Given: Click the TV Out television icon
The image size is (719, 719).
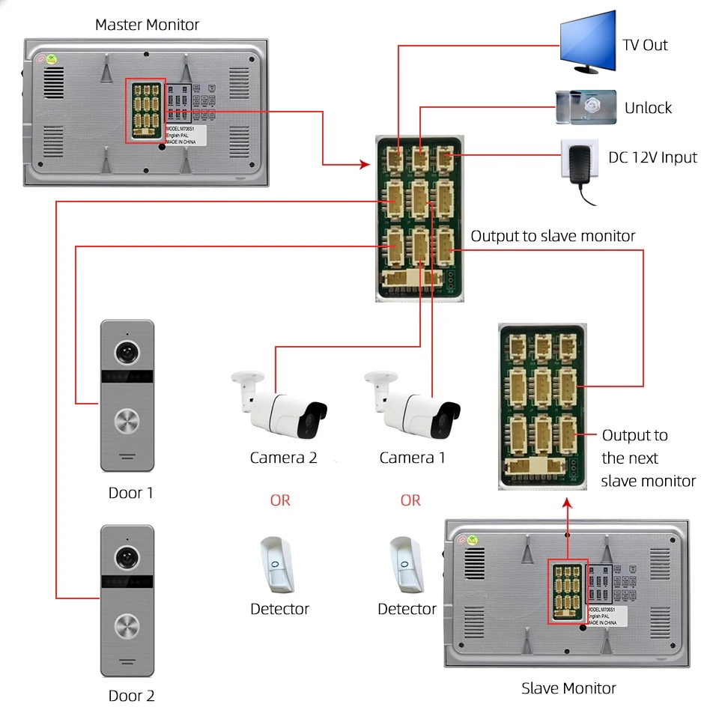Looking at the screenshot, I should (x=588, y=41).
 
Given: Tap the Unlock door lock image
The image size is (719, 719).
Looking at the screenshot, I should (x=585, y=106).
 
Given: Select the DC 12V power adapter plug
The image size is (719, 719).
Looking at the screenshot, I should (x=582, y=165).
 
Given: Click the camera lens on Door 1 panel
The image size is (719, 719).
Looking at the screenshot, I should (x=127, y=352).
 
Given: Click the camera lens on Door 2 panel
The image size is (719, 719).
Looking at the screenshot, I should (x=127, y=556).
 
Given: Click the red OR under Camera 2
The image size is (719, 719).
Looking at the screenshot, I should (x=280, y=500).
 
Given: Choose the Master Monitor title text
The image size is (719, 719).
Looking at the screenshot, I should (x=147, y=25).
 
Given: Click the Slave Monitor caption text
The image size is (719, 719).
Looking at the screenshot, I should (x=568, y=688).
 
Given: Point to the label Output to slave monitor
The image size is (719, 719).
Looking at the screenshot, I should (x=553, y=236).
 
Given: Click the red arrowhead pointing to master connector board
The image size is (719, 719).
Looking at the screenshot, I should (x=366, y=164).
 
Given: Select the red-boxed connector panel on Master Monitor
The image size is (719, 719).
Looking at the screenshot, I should (x=145, y=110).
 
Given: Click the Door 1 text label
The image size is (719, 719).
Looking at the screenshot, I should (x=131, y=493).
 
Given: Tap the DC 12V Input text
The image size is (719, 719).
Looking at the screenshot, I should (x=652, y=157).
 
